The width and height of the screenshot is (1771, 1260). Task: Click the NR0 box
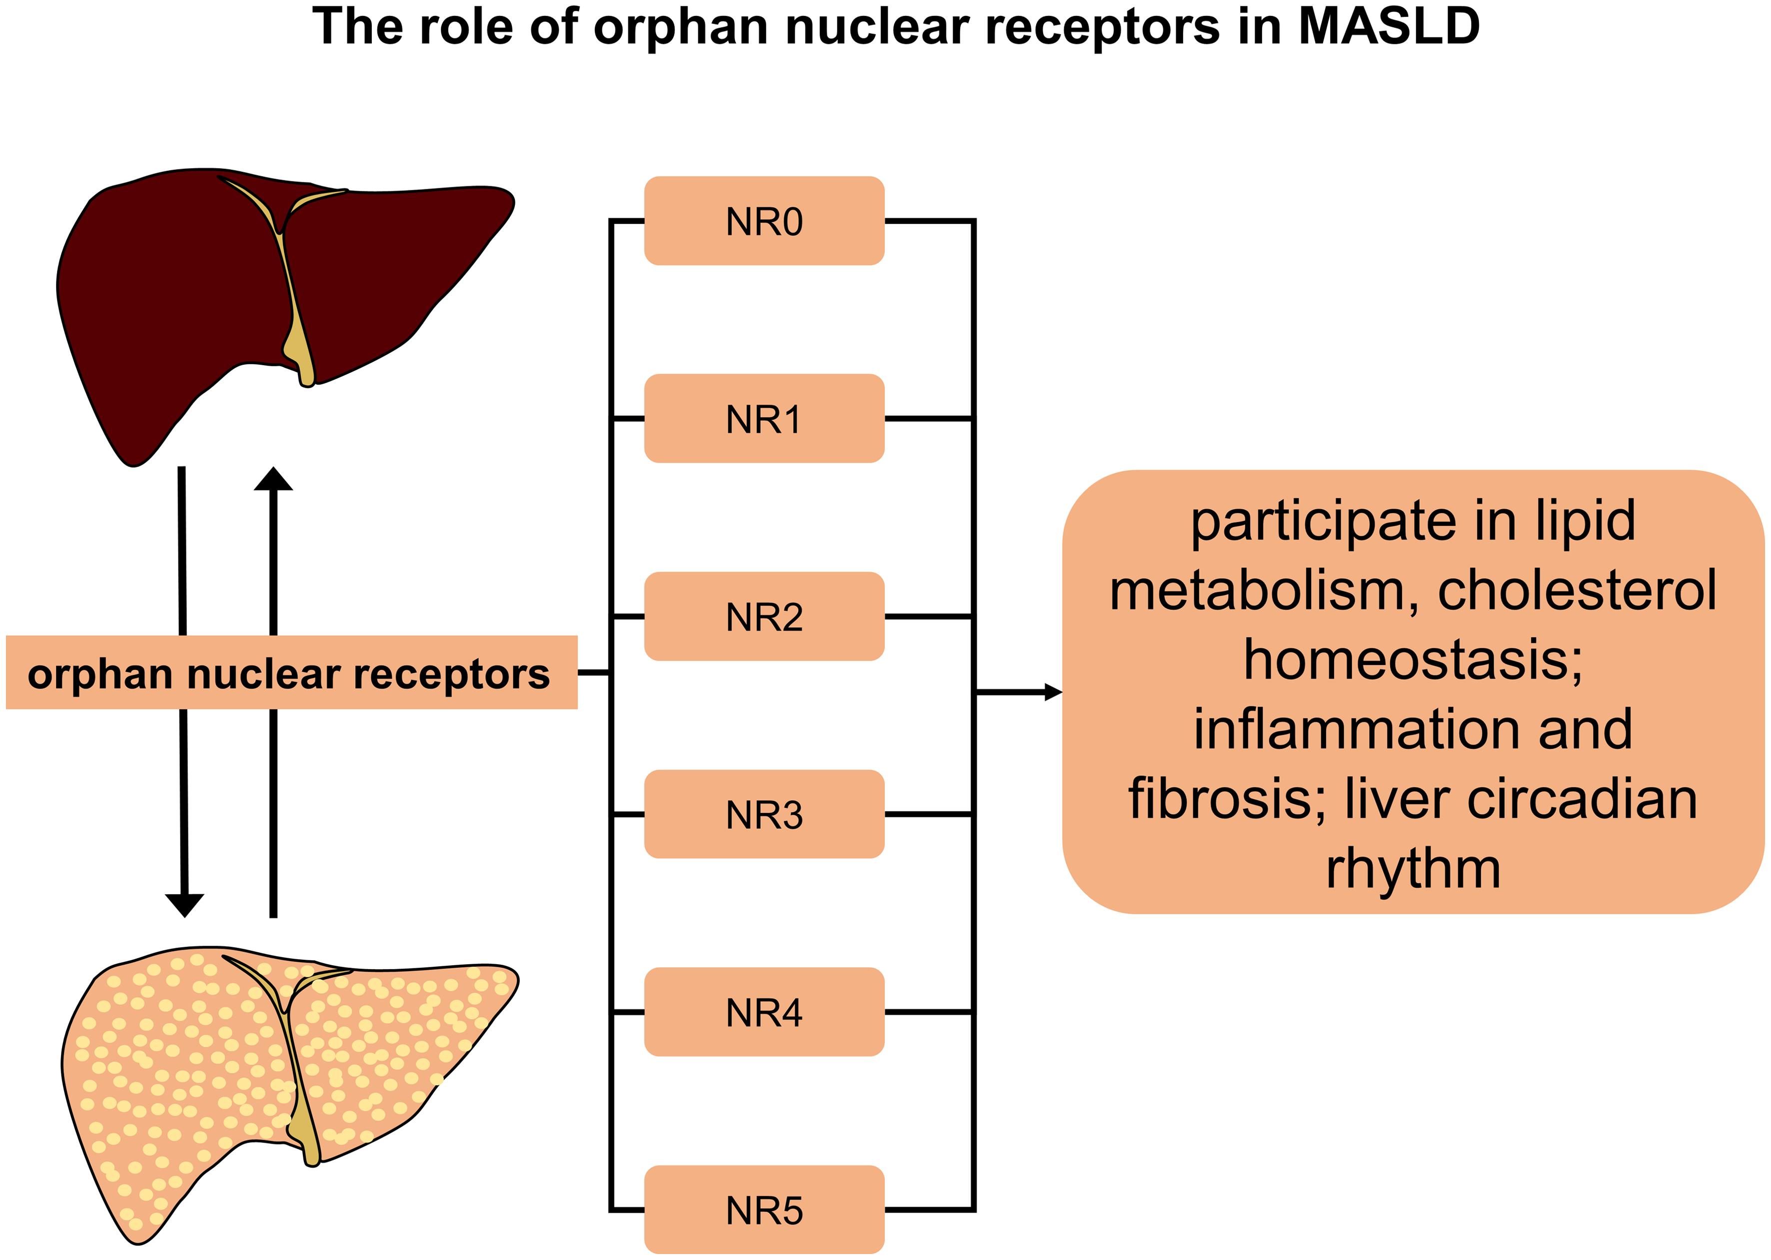click(x=764, y=221)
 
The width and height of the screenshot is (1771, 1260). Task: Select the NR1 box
click(x=764, y=419)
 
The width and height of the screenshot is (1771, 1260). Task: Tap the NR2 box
click(x=764, y=617)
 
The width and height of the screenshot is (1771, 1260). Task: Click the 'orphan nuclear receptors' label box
click(x=292, y=672)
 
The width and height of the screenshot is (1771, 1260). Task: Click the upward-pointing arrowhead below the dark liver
click(x=274, y=479)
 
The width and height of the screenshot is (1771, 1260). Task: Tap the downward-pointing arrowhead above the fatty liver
click(x=185, y=905)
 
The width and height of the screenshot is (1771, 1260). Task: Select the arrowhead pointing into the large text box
click(x=1054, y=692)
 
